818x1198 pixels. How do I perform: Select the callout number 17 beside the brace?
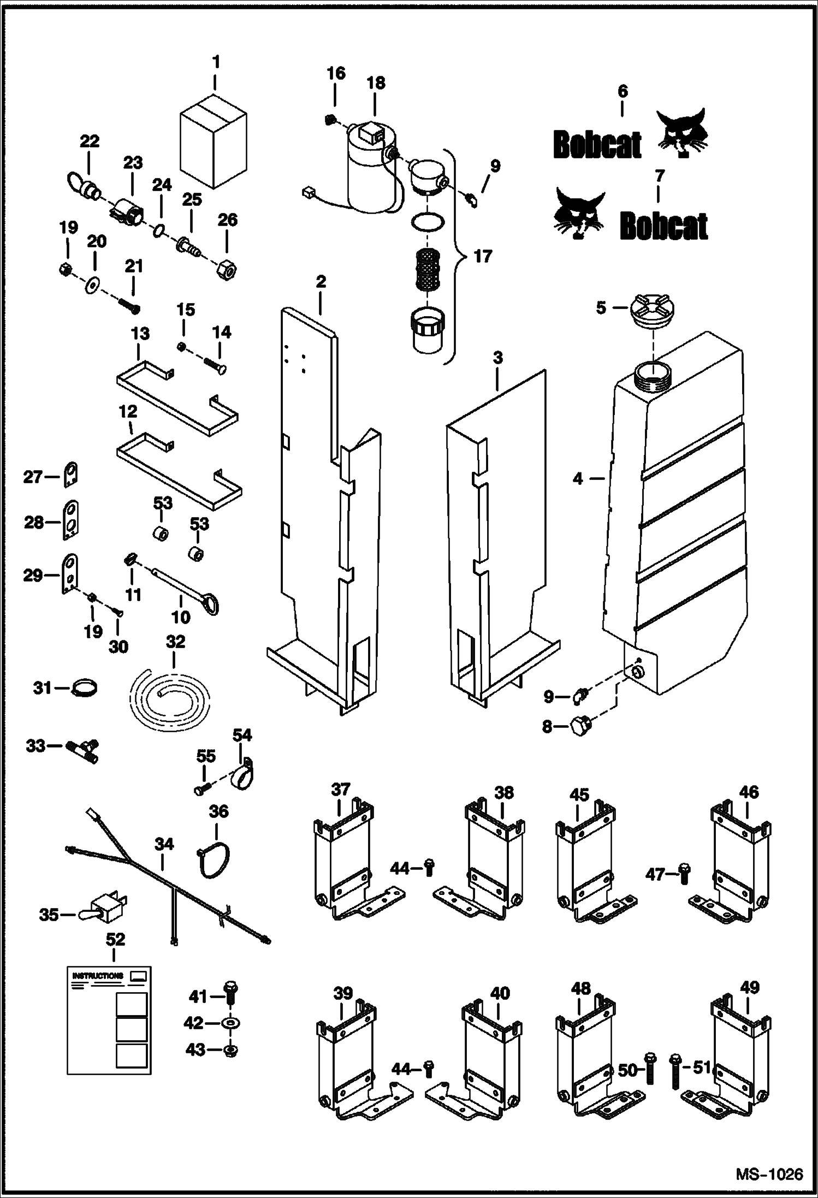(x=482, y=257)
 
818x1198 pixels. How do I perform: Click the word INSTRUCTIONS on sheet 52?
(x=98, y=976)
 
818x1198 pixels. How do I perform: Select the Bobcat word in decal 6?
(x=596, y=146)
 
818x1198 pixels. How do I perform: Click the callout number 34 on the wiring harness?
(x=163, y=845)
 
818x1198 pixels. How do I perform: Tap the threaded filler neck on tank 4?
(x=653, y=377)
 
